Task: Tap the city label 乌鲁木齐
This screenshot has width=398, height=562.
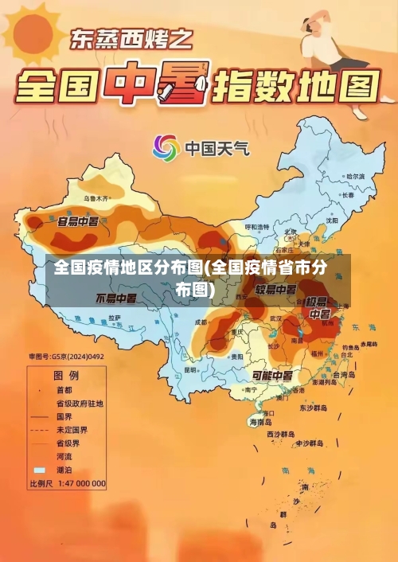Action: pyautogui.click(x=95, y=197)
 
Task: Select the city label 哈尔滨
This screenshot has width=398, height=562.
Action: pyautogui.click(x=354, y=176)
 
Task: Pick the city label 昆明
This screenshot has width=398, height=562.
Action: pyautogui.click(x=189, y=369)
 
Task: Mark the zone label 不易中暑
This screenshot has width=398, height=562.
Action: pyautogui.click(x=116, y=299)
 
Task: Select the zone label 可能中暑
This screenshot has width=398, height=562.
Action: pyautogui.click(x=272, y=375)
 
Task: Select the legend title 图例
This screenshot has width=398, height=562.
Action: pyautogui.click(x=65, y=374)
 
